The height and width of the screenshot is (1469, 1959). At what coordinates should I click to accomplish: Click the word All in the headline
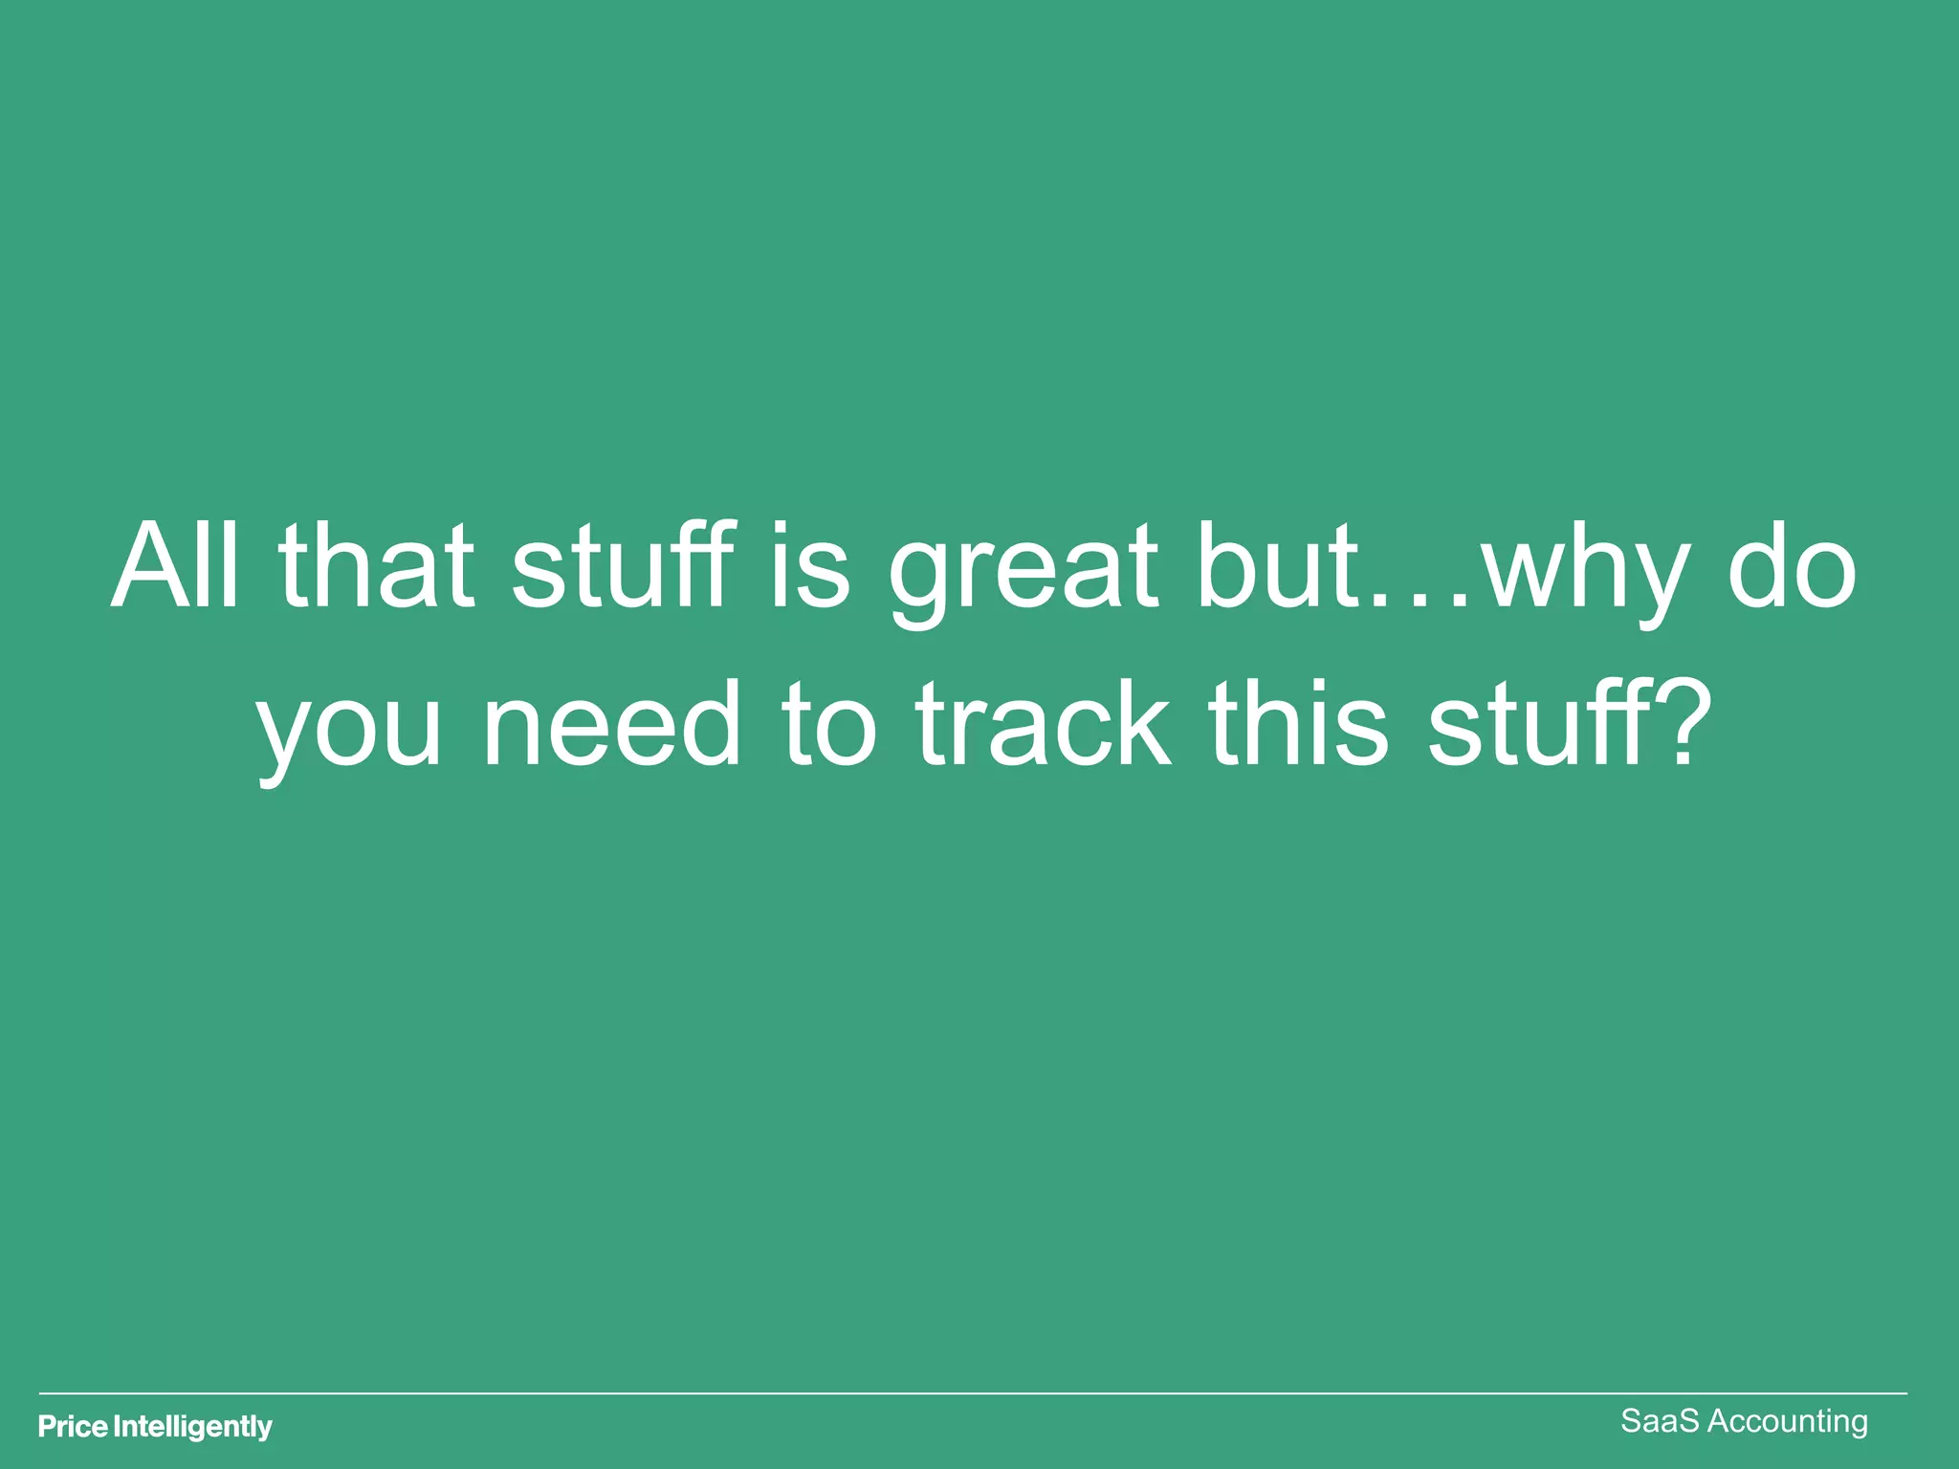174,566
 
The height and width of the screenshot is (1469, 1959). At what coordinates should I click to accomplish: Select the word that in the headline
376,566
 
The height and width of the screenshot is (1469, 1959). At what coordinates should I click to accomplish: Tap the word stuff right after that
624,566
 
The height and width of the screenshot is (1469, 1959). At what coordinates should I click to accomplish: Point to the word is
810,566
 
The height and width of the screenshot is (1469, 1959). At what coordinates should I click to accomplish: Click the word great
1023,574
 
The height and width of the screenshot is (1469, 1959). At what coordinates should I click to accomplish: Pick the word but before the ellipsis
1278,566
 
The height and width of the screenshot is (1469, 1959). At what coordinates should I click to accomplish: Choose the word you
349,732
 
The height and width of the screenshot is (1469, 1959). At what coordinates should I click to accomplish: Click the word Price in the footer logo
73,1427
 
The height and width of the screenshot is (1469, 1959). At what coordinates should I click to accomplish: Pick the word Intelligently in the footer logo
193,1428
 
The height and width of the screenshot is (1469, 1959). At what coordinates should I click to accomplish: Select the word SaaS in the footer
1660,1421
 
